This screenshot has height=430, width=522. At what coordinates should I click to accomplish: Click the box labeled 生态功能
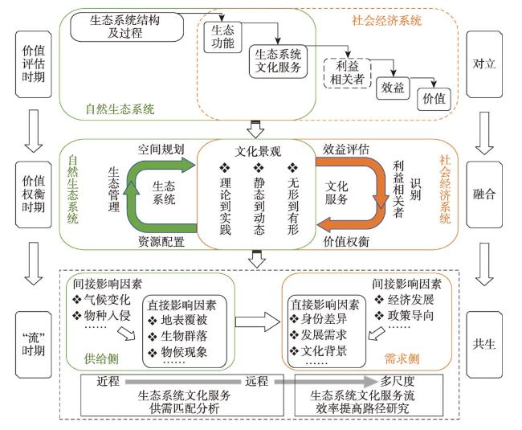[222, 37]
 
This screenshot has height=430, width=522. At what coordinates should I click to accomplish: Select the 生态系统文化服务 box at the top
[278, 61]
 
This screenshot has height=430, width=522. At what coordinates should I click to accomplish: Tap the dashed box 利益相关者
[347, 73]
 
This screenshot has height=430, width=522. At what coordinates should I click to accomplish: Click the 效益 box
[393, 88]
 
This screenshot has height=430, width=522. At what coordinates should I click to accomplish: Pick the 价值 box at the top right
[434, 99]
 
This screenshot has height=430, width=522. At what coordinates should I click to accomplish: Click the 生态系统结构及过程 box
[127, 27]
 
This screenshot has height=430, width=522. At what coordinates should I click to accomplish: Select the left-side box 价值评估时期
[33, 64]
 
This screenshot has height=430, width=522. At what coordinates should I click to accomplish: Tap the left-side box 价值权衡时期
[33, 195]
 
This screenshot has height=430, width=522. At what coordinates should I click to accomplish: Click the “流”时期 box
[33, 344]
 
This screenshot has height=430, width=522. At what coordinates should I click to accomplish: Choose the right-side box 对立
[484, 64]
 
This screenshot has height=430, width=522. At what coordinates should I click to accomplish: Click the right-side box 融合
[484, 195]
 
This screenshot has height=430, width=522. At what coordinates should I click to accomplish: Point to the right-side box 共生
[484, 344]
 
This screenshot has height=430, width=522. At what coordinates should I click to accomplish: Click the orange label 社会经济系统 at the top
[386, 21]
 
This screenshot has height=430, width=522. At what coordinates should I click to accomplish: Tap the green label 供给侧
[101, 358]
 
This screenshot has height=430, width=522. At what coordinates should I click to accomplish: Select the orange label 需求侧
[402, 358]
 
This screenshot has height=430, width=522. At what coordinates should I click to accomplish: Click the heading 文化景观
[258, 152]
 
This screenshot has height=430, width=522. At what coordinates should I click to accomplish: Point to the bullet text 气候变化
[107, 300]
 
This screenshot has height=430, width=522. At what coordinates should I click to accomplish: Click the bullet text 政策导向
[411, 315]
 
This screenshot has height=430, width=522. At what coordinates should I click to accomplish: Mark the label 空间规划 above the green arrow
[161, 149]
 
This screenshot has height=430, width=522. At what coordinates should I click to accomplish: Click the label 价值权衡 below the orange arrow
[346, 241]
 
